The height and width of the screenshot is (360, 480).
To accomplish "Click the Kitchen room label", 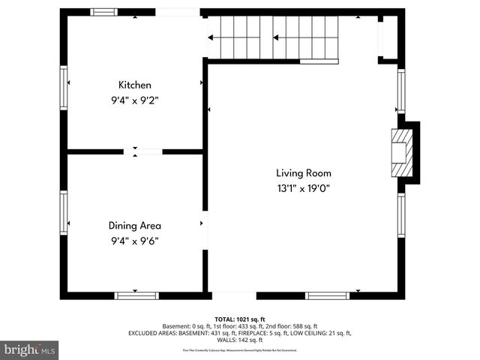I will click(134, 85).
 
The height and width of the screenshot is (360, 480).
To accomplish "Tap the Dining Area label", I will click(134, 225).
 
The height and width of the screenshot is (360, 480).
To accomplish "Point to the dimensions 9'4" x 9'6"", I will click(134, 241).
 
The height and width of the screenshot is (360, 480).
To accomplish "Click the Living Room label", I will click(303, 172).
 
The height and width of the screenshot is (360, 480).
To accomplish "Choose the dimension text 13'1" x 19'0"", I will click(303, 188).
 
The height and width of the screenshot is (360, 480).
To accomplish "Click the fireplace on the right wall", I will click(403, 153).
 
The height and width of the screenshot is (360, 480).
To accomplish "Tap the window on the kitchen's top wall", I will click(103, 12).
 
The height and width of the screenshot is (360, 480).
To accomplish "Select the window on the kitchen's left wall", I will click(64, 88).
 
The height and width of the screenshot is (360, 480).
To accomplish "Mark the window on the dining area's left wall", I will click(64, 213).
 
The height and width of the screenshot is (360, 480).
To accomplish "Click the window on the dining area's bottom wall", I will click(136, 295).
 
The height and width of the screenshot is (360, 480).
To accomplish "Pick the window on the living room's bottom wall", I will click(327, 295).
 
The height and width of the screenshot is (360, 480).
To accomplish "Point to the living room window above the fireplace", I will click(401, 91).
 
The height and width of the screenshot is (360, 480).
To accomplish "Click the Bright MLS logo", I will click(30, 349).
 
